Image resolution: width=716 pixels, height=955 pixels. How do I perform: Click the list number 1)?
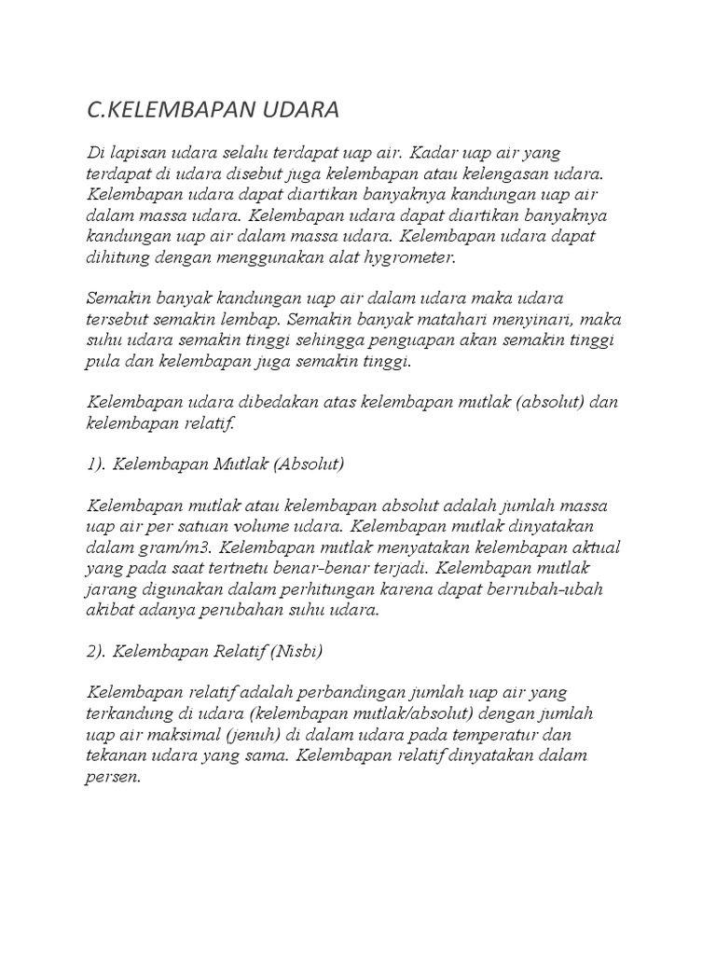pyautogui.click(x=96, y=464)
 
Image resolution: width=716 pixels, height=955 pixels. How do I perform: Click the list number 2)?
pyautogui.click(x=97, y=650)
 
